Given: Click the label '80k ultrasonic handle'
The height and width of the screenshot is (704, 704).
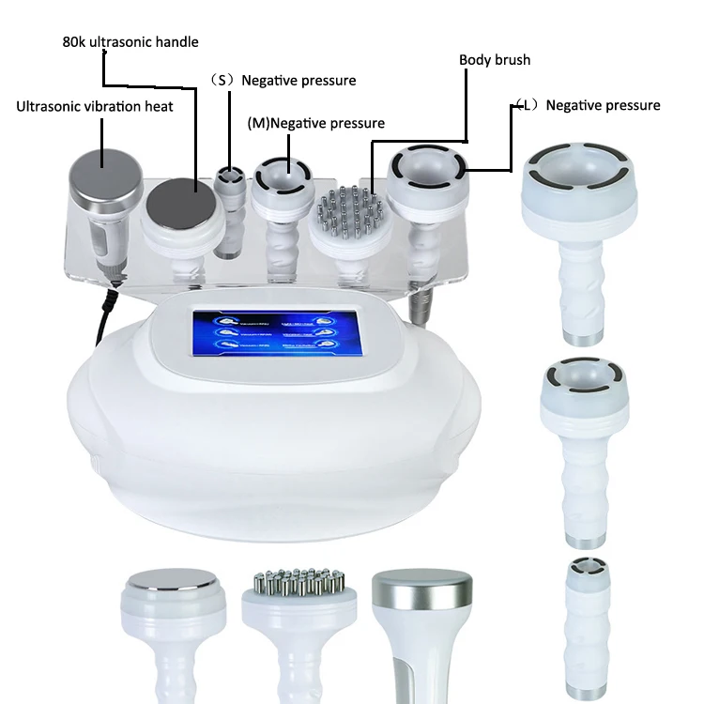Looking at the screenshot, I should (x=130, y=42).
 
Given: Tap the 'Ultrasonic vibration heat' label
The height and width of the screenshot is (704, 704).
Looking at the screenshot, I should (x=95, y=106).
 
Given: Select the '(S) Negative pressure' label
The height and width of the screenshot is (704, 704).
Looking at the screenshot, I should (x=286, y=81).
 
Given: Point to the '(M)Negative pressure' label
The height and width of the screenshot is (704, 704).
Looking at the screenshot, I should (x=315, y=123).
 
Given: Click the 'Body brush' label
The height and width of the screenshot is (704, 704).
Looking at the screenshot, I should (x=495, y=60).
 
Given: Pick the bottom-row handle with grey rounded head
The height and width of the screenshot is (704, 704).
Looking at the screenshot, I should (x=421, y=624).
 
